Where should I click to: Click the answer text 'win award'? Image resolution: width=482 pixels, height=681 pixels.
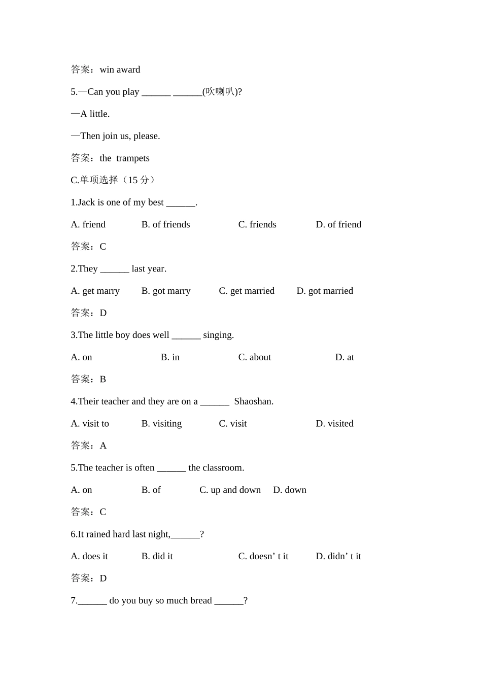[120, 70]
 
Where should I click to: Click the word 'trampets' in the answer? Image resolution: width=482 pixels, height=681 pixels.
[132, 158]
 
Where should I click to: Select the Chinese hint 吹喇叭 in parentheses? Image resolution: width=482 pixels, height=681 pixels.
[220, 92]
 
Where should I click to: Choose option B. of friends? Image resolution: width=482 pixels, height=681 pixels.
[165, 224]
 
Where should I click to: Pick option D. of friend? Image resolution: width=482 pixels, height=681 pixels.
[338, 224]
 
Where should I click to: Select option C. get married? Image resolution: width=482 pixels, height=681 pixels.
[247, 291]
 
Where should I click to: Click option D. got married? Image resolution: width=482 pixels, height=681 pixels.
[325, 291]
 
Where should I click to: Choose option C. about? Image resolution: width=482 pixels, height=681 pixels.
[255, 357]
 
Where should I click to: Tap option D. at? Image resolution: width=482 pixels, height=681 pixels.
[345, 357]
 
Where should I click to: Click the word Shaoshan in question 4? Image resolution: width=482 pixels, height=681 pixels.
[253, 401]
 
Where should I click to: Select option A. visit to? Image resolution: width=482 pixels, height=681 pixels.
[90, 424]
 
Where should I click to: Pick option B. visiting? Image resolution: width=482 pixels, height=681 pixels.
[161, 424]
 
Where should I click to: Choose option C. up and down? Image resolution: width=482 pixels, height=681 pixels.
[230, 490]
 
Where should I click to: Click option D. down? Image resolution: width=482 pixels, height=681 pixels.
[290, 490]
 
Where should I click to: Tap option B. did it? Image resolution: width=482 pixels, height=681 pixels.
[157, 557]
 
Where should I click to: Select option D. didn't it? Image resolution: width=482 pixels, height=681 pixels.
[338, 557]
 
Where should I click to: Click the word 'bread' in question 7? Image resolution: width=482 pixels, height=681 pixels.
[200, 601]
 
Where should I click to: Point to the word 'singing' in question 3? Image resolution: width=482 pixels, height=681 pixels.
[218, 335]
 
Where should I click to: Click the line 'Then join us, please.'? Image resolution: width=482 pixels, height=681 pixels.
[120, 136]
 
